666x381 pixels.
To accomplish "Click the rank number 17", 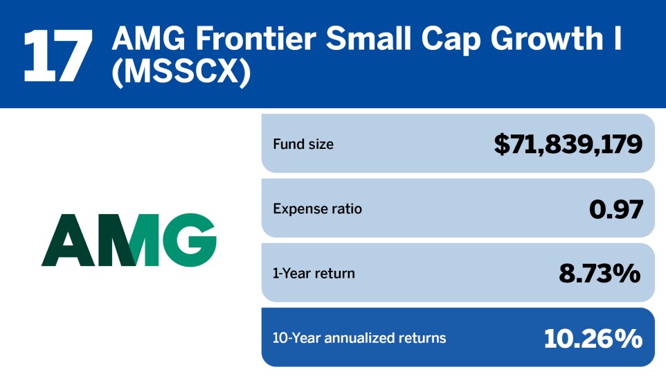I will click(x=57, y=55).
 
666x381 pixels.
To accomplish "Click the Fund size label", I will click(x=303, y=145).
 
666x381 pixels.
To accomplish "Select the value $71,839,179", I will click(x=568, y=144).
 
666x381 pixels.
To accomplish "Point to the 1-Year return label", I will click(x=314, y=274).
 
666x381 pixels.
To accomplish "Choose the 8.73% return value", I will click(x=600, y=274).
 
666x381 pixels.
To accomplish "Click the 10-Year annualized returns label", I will click(x=359, y=338).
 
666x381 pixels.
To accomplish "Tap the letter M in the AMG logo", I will click(x=126, y=241).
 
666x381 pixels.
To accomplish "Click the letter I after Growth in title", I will click(x=616, y=40).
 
